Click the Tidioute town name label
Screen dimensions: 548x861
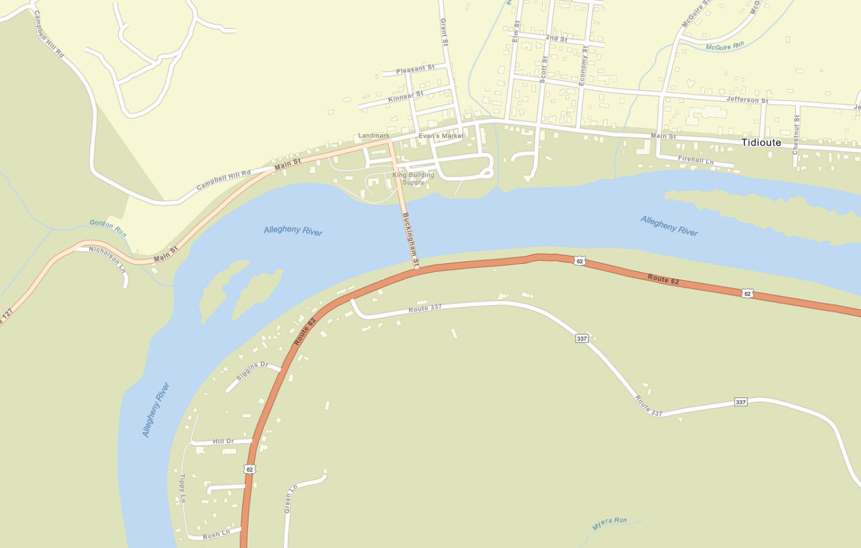pos(761,143)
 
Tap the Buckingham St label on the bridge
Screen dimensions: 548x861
pos(411,238)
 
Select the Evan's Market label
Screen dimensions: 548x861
pos(441,136)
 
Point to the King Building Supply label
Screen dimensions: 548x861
pos(413,178)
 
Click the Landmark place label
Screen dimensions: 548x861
pos(373,135)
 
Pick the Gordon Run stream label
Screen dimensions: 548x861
pos(108,228)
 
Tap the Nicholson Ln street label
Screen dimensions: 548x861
pos(108,258)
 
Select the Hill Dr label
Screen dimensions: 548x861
pos(223,441)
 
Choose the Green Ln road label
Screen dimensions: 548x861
pos(290,499)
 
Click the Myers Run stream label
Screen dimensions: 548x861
pos(609,522)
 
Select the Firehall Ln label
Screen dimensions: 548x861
pos(696,160)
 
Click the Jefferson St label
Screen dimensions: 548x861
pos(747,100)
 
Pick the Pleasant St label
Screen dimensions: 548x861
pos(415,69)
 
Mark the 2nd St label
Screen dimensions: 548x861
pos(556,38)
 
